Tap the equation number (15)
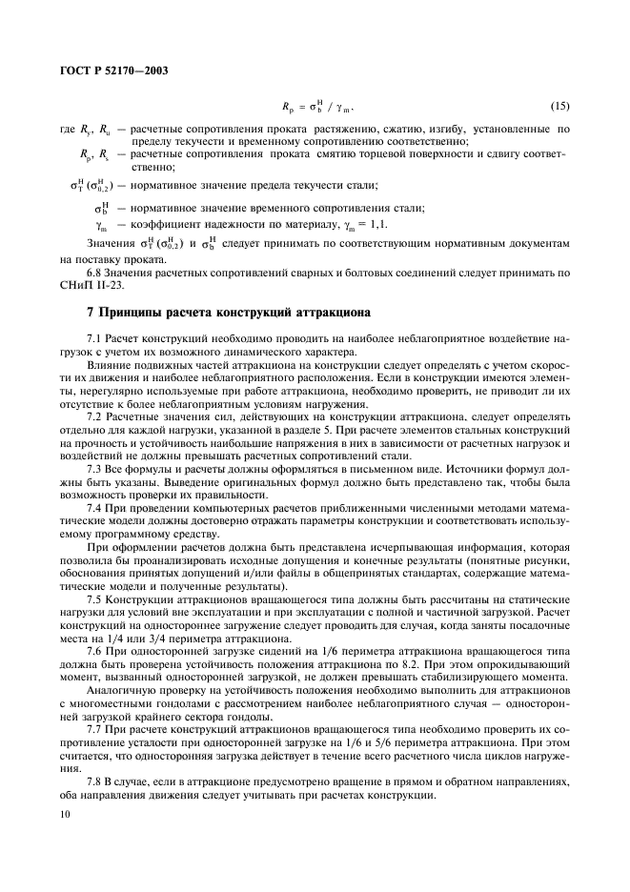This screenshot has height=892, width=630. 559,105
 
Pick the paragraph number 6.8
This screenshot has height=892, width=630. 94,271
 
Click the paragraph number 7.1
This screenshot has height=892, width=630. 94,338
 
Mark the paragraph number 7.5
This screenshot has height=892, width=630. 94,599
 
